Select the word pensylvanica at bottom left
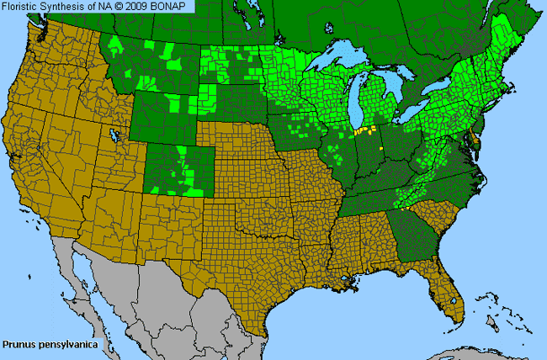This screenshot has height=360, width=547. click(66, 344)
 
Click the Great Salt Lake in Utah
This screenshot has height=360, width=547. click(114, 135)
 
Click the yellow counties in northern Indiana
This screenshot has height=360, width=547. click(364, 131)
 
